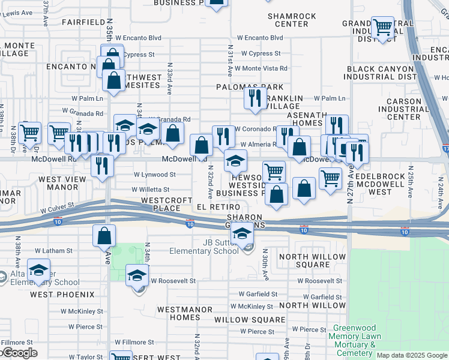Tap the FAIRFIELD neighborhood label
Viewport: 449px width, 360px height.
83,22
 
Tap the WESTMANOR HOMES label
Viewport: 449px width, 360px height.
178,313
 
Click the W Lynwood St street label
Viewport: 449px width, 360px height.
154,175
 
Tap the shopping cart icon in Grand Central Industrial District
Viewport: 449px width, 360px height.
382,27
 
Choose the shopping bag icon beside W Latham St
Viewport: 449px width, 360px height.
104,235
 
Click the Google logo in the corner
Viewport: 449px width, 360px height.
19,353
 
